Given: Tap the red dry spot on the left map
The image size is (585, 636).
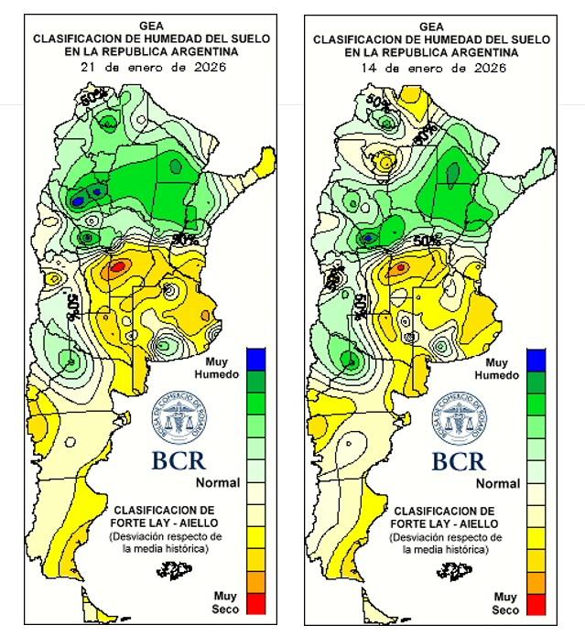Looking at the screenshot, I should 117,267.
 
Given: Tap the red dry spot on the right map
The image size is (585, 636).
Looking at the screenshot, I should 399,268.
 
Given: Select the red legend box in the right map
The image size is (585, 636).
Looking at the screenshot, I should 536,603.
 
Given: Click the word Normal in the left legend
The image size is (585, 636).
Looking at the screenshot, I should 218,482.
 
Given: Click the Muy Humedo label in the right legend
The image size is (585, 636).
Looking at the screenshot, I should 501,369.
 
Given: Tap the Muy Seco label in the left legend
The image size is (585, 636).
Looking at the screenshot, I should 224,602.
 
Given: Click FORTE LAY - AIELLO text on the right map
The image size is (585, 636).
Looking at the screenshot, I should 445,523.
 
